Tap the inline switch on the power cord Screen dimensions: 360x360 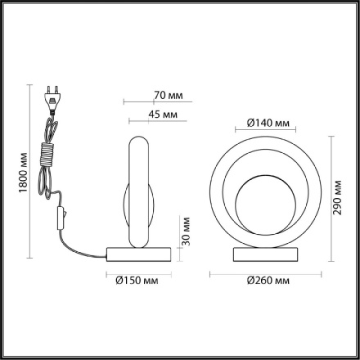point(58,217)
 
